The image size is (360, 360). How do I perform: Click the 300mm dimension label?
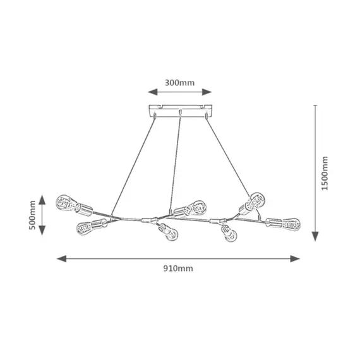point(179,83)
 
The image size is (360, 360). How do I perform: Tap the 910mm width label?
point(178,268)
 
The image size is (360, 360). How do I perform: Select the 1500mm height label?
point(325,173)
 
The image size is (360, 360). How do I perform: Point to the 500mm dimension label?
point(32,215)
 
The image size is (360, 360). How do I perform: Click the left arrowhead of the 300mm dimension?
point(152,92)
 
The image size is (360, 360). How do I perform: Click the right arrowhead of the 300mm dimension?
point(207,92)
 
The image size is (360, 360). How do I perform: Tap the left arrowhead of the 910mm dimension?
point(61,259)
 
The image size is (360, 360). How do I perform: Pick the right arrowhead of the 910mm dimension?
point(295,259)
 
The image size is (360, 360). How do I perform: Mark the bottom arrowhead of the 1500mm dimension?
point(315,236)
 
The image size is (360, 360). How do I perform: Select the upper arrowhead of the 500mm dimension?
point(42,200)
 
